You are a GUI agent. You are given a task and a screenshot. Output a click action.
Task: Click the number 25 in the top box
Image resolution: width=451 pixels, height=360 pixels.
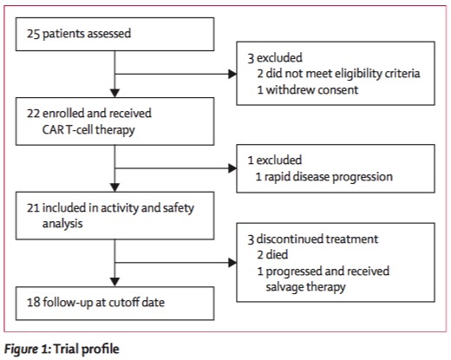[33, 34]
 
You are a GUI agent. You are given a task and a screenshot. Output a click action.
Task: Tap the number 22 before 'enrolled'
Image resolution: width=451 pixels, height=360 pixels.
[33, 113]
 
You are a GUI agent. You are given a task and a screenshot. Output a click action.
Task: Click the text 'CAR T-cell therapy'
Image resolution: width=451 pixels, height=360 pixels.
[88, 130]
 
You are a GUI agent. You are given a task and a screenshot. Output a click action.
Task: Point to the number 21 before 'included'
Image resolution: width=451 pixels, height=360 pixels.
[33, 208]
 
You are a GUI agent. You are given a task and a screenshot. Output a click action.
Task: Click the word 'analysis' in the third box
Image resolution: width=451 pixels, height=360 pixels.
[62, 224]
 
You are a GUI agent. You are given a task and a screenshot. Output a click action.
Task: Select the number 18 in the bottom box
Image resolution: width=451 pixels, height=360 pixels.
[33, 302]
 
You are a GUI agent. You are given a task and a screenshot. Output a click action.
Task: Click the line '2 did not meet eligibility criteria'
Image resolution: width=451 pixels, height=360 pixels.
[338, 74]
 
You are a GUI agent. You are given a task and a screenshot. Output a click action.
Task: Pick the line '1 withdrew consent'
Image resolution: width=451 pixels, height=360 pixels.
[308, 90]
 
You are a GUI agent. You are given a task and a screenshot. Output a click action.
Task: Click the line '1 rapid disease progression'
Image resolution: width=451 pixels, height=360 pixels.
[324, 177]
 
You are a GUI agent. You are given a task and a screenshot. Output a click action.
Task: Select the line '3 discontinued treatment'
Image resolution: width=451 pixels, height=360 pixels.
[313, 239]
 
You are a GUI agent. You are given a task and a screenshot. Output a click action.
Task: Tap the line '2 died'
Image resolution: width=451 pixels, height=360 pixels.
[272, 255]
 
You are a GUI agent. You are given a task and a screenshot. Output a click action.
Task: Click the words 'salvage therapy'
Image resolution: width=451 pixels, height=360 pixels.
[305, 287]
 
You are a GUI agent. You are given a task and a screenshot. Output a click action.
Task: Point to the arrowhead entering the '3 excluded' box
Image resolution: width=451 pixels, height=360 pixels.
[232, 74]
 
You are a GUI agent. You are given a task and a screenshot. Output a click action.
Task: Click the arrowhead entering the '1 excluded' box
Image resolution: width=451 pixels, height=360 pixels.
[232, 168]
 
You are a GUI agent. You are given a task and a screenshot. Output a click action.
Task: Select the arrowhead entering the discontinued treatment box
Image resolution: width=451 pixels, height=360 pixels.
[232, 263]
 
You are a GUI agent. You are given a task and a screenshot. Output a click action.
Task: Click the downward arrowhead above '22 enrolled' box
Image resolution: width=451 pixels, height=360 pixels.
[115, 93]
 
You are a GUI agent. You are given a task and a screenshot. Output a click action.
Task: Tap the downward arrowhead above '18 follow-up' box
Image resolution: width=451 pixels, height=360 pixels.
[115, 282]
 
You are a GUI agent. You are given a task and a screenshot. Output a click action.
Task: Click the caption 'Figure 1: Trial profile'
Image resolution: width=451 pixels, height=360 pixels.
[62, 349]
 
